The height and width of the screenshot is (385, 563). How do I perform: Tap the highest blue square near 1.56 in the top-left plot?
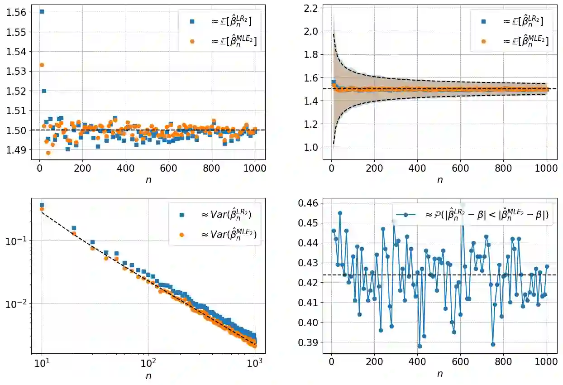(x=42, y=11)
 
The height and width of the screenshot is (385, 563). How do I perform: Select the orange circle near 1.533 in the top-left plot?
(x=42, y=65)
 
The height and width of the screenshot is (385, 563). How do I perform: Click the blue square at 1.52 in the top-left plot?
(x=44, y=91)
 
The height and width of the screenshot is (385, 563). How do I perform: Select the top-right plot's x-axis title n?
(x=439, y=179)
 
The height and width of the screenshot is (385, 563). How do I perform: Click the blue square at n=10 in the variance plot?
(x=42, y=205)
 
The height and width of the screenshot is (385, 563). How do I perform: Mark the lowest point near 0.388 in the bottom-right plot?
(x=420, y=346)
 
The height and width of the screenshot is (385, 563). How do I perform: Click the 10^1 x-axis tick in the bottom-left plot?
(x=42, y=363)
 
